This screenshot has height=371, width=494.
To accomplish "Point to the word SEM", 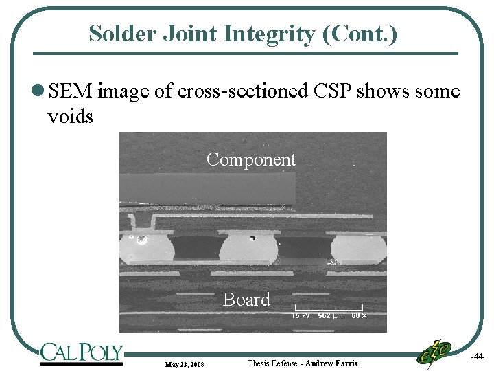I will click(71, 91).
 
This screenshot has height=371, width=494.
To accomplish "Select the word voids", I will click(70, 116).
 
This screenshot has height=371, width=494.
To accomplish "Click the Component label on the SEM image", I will click(251, 159).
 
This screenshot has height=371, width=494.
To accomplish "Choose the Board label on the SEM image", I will click(246, 300).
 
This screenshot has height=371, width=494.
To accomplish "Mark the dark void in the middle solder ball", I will click(252, 238).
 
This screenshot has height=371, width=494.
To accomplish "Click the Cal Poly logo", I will click(81, 353).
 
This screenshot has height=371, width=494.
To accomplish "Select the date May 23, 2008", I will click(185, 363).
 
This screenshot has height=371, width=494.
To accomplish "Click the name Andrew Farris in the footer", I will click(331, 363).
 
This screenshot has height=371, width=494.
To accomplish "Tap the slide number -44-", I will click(478, 357).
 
